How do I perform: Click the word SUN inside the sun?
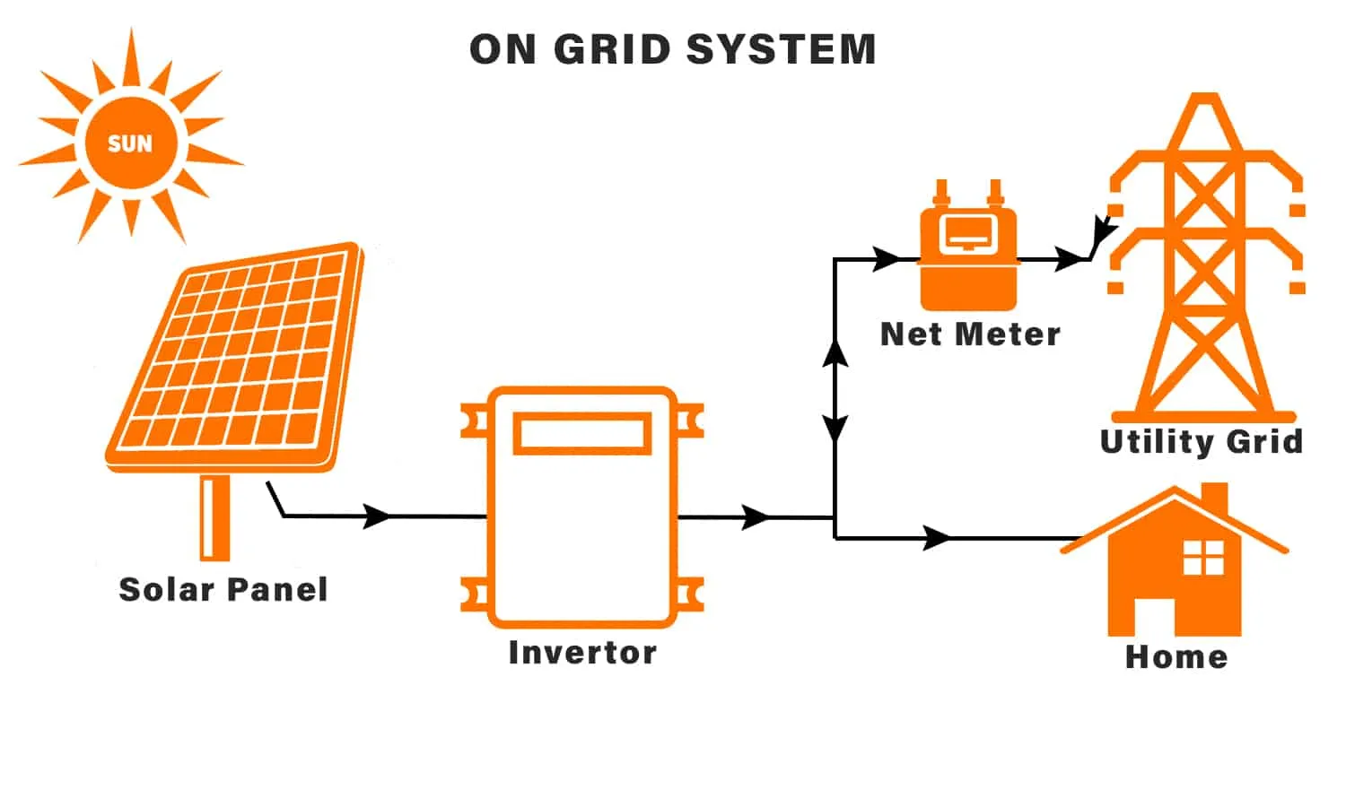(x=130, y=143)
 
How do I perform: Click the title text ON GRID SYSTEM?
(x=672, y=49)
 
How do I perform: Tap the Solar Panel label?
(x=223, y=590)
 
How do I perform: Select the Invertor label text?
(x=582, y=653)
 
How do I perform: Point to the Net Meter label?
(x=970, y=334)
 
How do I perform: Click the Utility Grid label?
(x=1201, y=441)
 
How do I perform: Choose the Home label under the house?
(x=1176, y=657)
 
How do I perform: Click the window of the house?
(x=1203, y=557)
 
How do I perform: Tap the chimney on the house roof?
(x=1213, y=499)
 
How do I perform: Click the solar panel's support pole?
(x=214, y=517)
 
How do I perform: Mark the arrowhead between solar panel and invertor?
(x=378, y=516)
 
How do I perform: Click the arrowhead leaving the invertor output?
(x=756, y=517)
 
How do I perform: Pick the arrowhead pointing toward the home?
(x=937, y=538)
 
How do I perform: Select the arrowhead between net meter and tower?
(x=1070, y=259)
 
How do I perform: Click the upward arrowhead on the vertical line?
(x=835, y=354)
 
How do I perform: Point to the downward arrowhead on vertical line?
(x=835, y=428)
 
